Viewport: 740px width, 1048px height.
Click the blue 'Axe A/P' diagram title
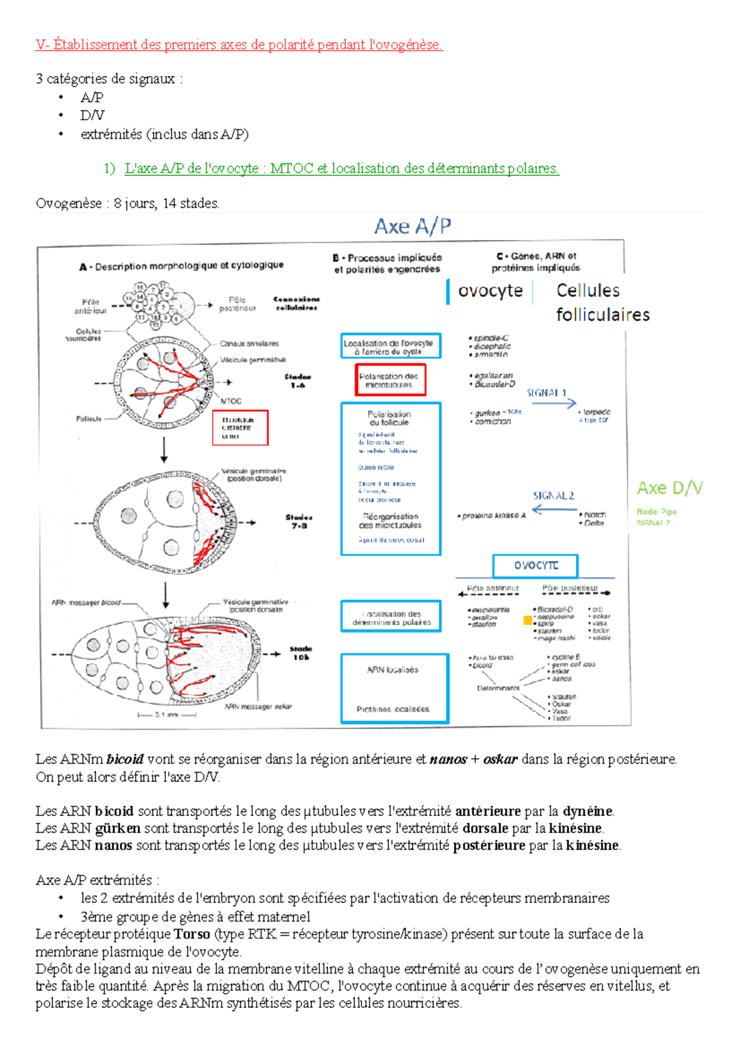413,227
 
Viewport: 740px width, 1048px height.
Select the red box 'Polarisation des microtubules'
389,380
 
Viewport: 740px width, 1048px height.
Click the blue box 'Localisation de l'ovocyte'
390,346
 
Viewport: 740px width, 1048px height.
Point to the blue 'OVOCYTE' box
535,565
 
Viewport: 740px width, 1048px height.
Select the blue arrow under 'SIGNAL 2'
554,509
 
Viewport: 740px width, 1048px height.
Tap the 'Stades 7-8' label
298,522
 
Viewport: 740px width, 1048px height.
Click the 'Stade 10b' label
300,653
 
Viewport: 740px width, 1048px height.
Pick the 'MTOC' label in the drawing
231,401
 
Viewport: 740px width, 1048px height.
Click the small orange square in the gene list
528,620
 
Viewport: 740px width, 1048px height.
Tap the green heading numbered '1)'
341,168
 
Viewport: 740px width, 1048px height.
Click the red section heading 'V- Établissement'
239,44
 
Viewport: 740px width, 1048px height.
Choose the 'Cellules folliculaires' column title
601,302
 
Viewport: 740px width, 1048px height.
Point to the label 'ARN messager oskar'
258,707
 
